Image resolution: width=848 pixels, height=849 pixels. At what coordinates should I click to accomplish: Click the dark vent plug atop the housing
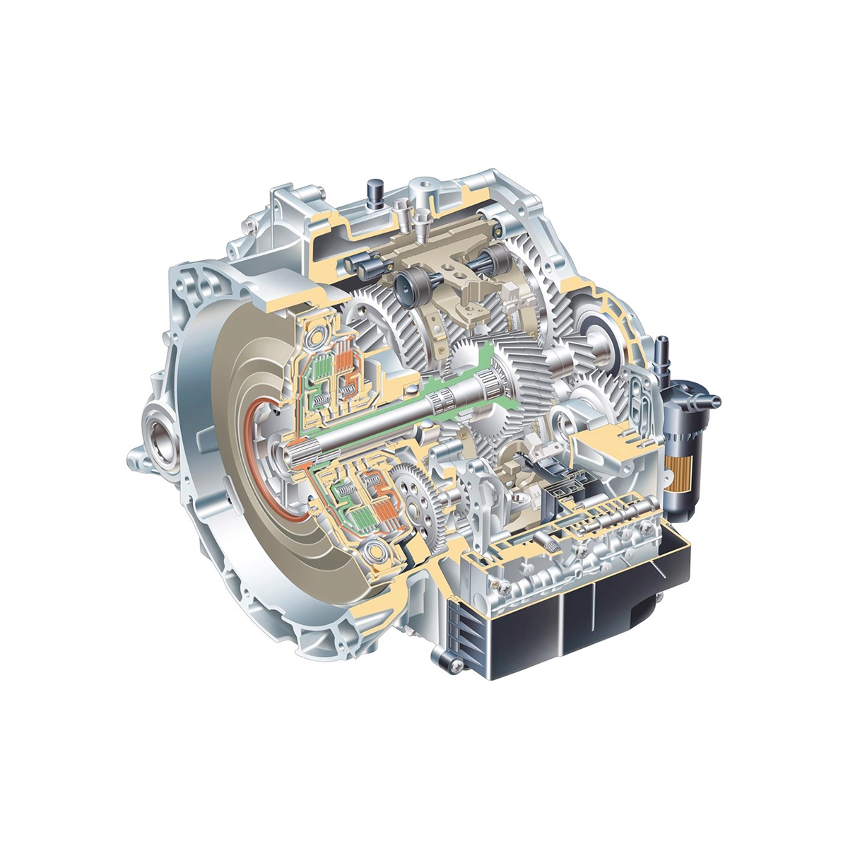coord(375,192)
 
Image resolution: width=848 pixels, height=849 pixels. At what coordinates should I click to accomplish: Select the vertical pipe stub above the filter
coord(663,350)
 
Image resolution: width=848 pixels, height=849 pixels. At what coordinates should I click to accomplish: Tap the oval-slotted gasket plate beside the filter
coord(643,399)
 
